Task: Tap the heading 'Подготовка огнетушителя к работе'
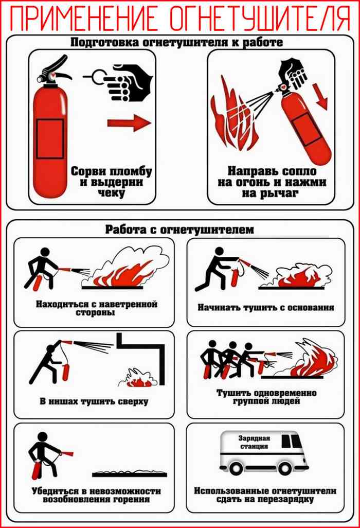point(176,42)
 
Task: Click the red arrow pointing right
point(130,122)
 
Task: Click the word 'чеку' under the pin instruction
point(112,193)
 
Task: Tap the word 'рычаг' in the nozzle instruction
point(280,193)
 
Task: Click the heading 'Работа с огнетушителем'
point(179,230)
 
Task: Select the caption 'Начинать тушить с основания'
point(266,307)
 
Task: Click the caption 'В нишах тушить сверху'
point(94,401)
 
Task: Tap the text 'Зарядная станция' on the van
point(255,442)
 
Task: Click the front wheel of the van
point(285,468)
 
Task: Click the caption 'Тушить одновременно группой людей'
point(266,397)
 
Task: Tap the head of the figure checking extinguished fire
point(42,437)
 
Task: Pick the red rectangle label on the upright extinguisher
point(50,138)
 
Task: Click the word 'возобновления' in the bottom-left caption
point(77,499)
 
